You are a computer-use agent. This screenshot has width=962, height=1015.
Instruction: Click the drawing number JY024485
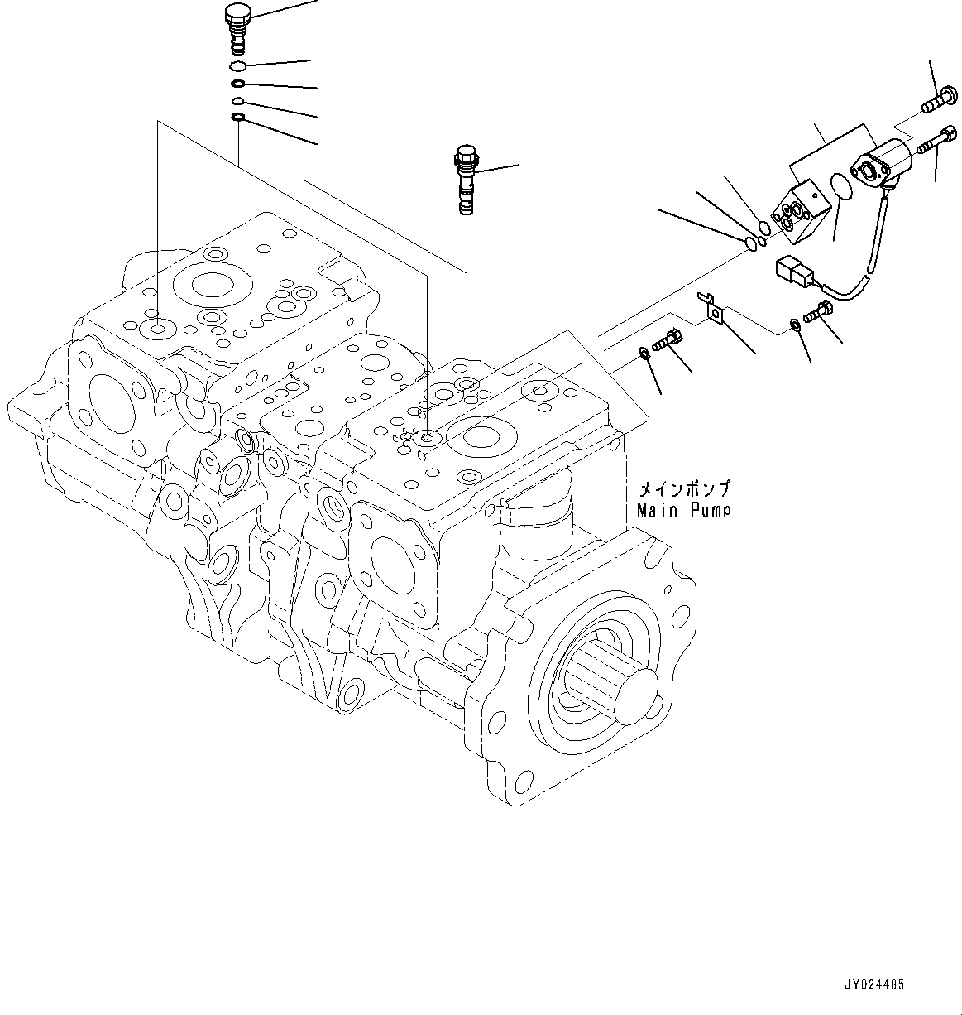pyautogui.click(x=874, y=985)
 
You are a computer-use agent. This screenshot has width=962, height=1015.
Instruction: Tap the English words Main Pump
pyautogui.click(x=683, y=511)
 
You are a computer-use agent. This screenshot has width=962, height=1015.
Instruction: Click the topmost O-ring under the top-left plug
pyautogui.click(x=237, y=66)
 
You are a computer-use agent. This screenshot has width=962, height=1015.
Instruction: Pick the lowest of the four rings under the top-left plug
pyautogui.click(x=237, y=118)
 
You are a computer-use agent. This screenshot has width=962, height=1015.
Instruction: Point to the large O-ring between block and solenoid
pyautogui.click(x=842, y=186)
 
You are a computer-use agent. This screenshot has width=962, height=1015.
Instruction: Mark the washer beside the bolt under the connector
pyautogui.click(x=794, y=324)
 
